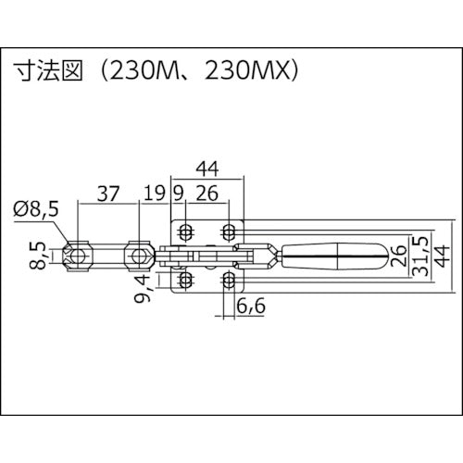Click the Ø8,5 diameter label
(37, 210)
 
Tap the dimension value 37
(108, 194)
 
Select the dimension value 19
(155, 194)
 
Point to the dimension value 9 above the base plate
(178, 194)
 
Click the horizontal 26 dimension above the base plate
(208, 194)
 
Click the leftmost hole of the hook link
(79, 254)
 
